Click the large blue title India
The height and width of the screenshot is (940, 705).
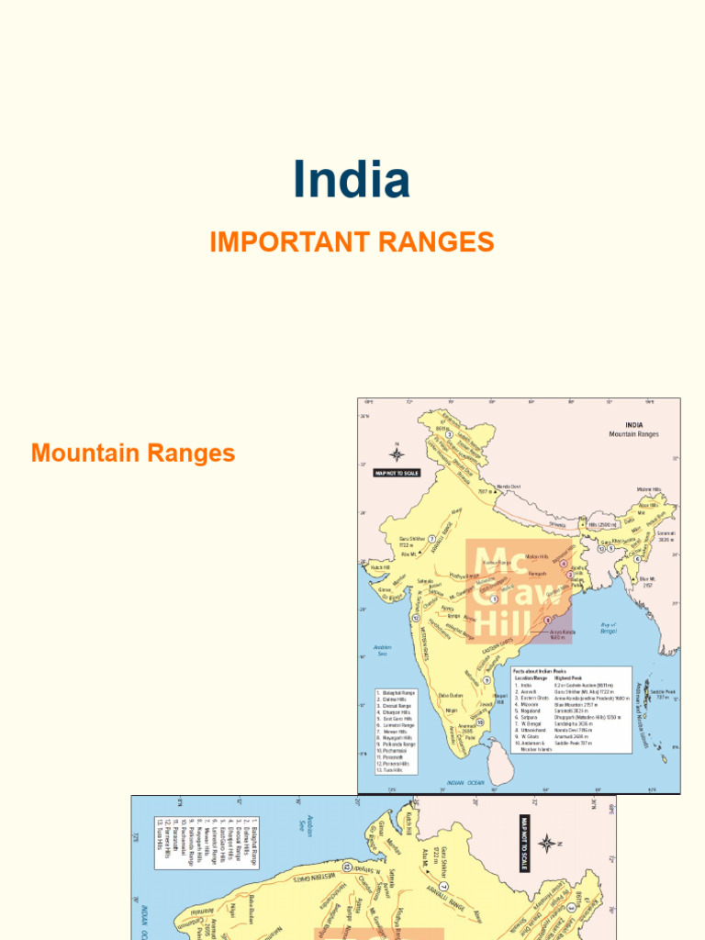352,180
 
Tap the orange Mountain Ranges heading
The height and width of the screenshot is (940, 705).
133,453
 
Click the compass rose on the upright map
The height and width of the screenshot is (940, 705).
397,452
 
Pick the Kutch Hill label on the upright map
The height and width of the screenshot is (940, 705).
381,567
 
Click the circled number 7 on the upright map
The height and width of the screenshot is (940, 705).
431,513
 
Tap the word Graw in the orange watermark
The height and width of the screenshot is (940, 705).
519,594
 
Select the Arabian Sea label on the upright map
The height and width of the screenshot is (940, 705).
383,650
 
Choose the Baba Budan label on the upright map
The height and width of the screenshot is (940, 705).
451,693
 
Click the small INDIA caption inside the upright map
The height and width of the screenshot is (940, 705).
633,425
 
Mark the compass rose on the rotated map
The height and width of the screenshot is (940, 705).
546,843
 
